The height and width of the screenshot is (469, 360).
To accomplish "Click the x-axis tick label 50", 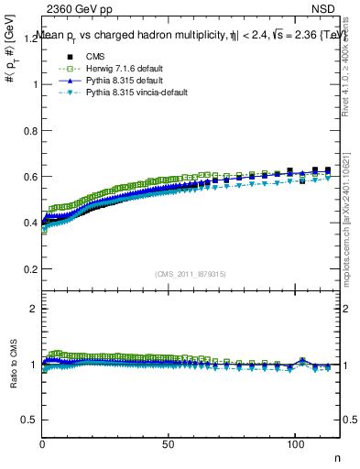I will pos(169,444).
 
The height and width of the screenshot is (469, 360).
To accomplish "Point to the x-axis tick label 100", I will pos(294,444).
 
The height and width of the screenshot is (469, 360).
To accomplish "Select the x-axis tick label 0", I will pos(43,444).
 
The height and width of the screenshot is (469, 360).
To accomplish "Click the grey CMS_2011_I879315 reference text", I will pos(191,273).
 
